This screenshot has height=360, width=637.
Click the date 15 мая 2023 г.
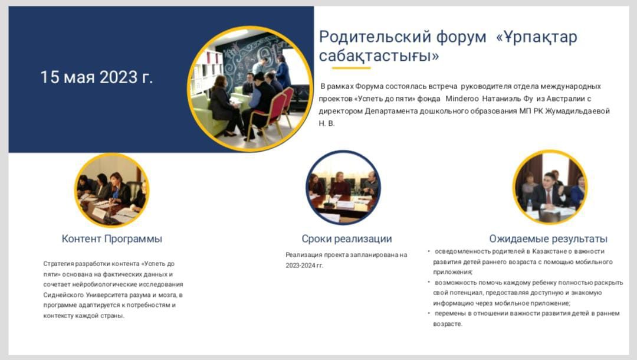pyautogui.click(x=96, y=77)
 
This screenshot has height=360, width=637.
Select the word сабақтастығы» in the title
pyautogui.click(x=379, y=55)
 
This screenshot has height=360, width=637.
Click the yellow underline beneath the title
pyautogui.click(x=351, y=67)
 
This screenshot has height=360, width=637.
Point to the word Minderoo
pyautogui.click(x=462, y=99)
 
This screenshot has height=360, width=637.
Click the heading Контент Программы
pyautogui.click(x=111, y=238)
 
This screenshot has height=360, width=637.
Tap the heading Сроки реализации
pyautogui.click(x=347, y=238)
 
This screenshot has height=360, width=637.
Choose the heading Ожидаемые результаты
pyautogui.click(x=548, y=238)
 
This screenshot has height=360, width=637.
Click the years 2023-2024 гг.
pyautogui.click(x=304, y=266)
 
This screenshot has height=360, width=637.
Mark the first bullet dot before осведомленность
pyautogui.click(x=429, y=251)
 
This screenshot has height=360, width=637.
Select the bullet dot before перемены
pyautogui.click(x=429, y=313)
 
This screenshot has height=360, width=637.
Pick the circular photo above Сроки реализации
pyautogui.click(x=343, y=187)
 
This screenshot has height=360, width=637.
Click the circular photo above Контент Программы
pyautogui.click(x=111, y=190)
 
